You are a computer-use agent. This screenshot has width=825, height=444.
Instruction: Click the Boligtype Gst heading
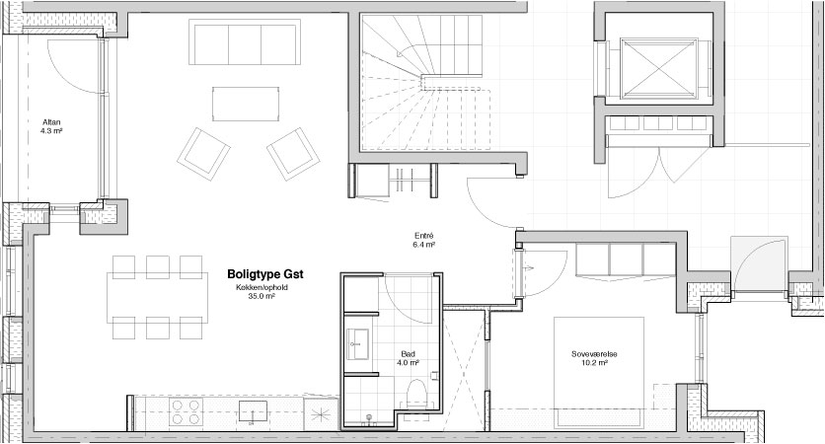pos(265,274)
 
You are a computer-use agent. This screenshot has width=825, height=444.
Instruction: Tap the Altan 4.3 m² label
pos(51,126)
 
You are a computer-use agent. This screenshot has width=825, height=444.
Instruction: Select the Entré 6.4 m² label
pos(423,240)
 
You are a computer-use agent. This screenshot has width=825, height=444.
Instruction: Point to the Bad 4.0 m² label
pos(408,358)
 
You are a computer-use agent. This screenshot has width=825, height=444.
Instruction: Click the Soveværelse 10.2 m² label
pos(594,358)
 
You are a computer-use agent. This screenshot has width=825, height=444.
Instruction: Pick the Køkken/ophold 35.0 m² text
pos(262,292)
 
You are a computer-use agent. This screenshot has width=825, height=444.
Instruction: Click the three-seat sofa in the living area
pos(245,42)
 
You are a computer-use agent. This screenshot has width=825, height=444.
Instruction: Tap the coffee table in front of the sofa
pos(246,104)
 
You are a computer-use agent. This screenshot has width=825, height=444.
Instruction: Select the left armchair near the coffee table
pos(203,154)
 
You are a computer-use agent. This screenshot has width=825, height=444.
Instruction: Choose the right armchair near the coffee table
pos(293,154)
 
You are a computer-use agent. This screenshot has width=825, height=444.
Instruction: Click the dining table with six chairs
pos(157,297)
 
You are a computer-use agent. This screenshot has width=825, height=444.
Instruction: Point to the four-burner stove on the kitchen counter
pos(187,411)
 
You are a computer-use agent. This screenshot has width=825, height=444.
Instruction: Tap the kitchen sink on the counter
pos(253,411)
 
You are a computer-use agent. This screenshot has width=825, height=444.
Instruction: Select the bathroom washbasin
pos(358,344)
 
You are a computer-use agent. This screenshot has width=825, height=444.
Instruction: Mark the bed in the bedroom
pos(599,372)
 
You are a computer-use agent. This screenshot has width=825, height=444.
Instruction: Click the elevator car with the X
pos(659,68)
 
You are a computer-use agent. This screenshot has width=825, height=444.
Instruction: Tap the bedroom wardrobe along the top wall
pos(625,259)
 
